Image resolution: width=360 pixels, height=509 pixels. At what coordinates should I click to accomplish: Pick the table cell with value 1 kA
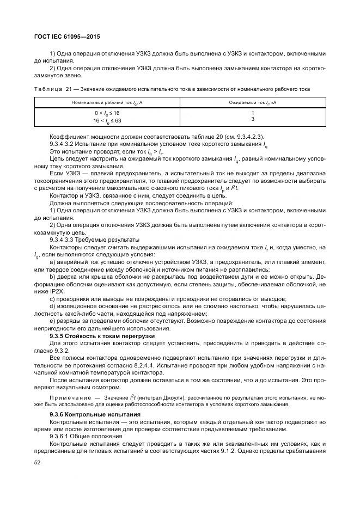coord(253,113)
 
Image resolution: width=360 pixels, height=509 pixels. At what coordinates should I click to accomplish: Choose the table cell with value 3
coord(253,119)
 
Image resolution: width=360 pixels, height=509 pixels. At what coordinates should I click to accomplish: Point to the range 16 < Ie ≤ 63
coord(107,120)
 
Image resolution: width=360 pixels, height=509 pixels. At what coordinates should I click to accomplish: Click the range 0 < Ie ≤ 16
coord(107,113)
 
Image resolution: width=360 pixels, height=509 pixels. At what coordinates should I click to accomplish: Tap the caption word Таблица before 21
coord(48,89)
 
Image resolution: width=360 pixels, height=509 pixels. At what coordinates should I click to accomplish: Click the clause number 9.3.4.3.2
coord(64,144)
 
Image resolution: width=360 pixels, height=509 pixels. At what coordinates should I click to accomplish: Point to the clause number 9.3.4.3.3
coord(64,240)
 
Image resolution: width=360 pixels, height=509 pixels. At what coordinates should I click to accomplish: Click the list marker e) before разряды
coord(52,322)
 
